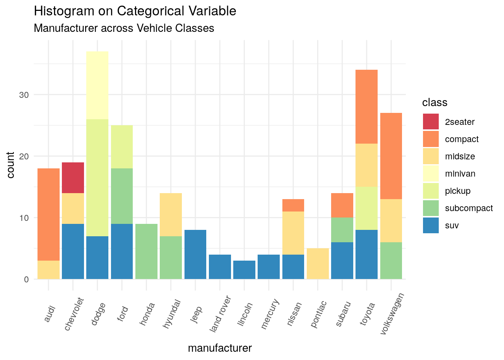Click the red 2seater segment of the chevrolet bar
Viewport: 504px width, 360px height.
[x=73, y=177]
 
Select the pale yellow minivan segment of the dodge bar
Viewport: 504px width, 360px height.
[x=97, y=85]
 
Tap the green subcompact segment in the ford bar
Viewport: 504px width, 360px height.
[x=122, y=196]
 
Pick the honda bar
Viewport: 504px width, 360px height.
[x=146, y=251]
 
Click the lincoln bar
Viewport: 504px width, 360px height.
[x=244, y=270]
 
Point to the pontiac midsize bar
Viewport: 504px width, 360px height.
[x=318, y=264]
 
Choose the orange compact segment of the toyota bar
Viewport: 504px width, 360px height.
[x=366, y=106]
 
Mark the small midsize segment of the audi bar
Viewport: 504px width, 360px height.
[x=48, y=270]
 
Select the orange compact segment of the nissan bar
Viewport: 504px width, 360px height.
[x=293, y=205]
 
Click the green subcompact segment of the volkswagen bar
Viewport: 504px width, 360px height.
[x=391, y=261]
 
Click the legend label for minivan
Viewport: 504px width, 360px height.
[x=460, y=174]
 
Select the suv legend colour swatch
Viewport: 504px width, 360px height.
[x=430, y=225]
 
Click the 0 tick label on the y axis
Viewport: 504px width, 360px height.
[x=27, y=279]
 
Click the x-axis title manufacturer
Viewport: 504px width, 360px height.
[x=220, y=348]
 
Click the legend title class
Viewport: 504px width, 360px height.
[x=435, y=103]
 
